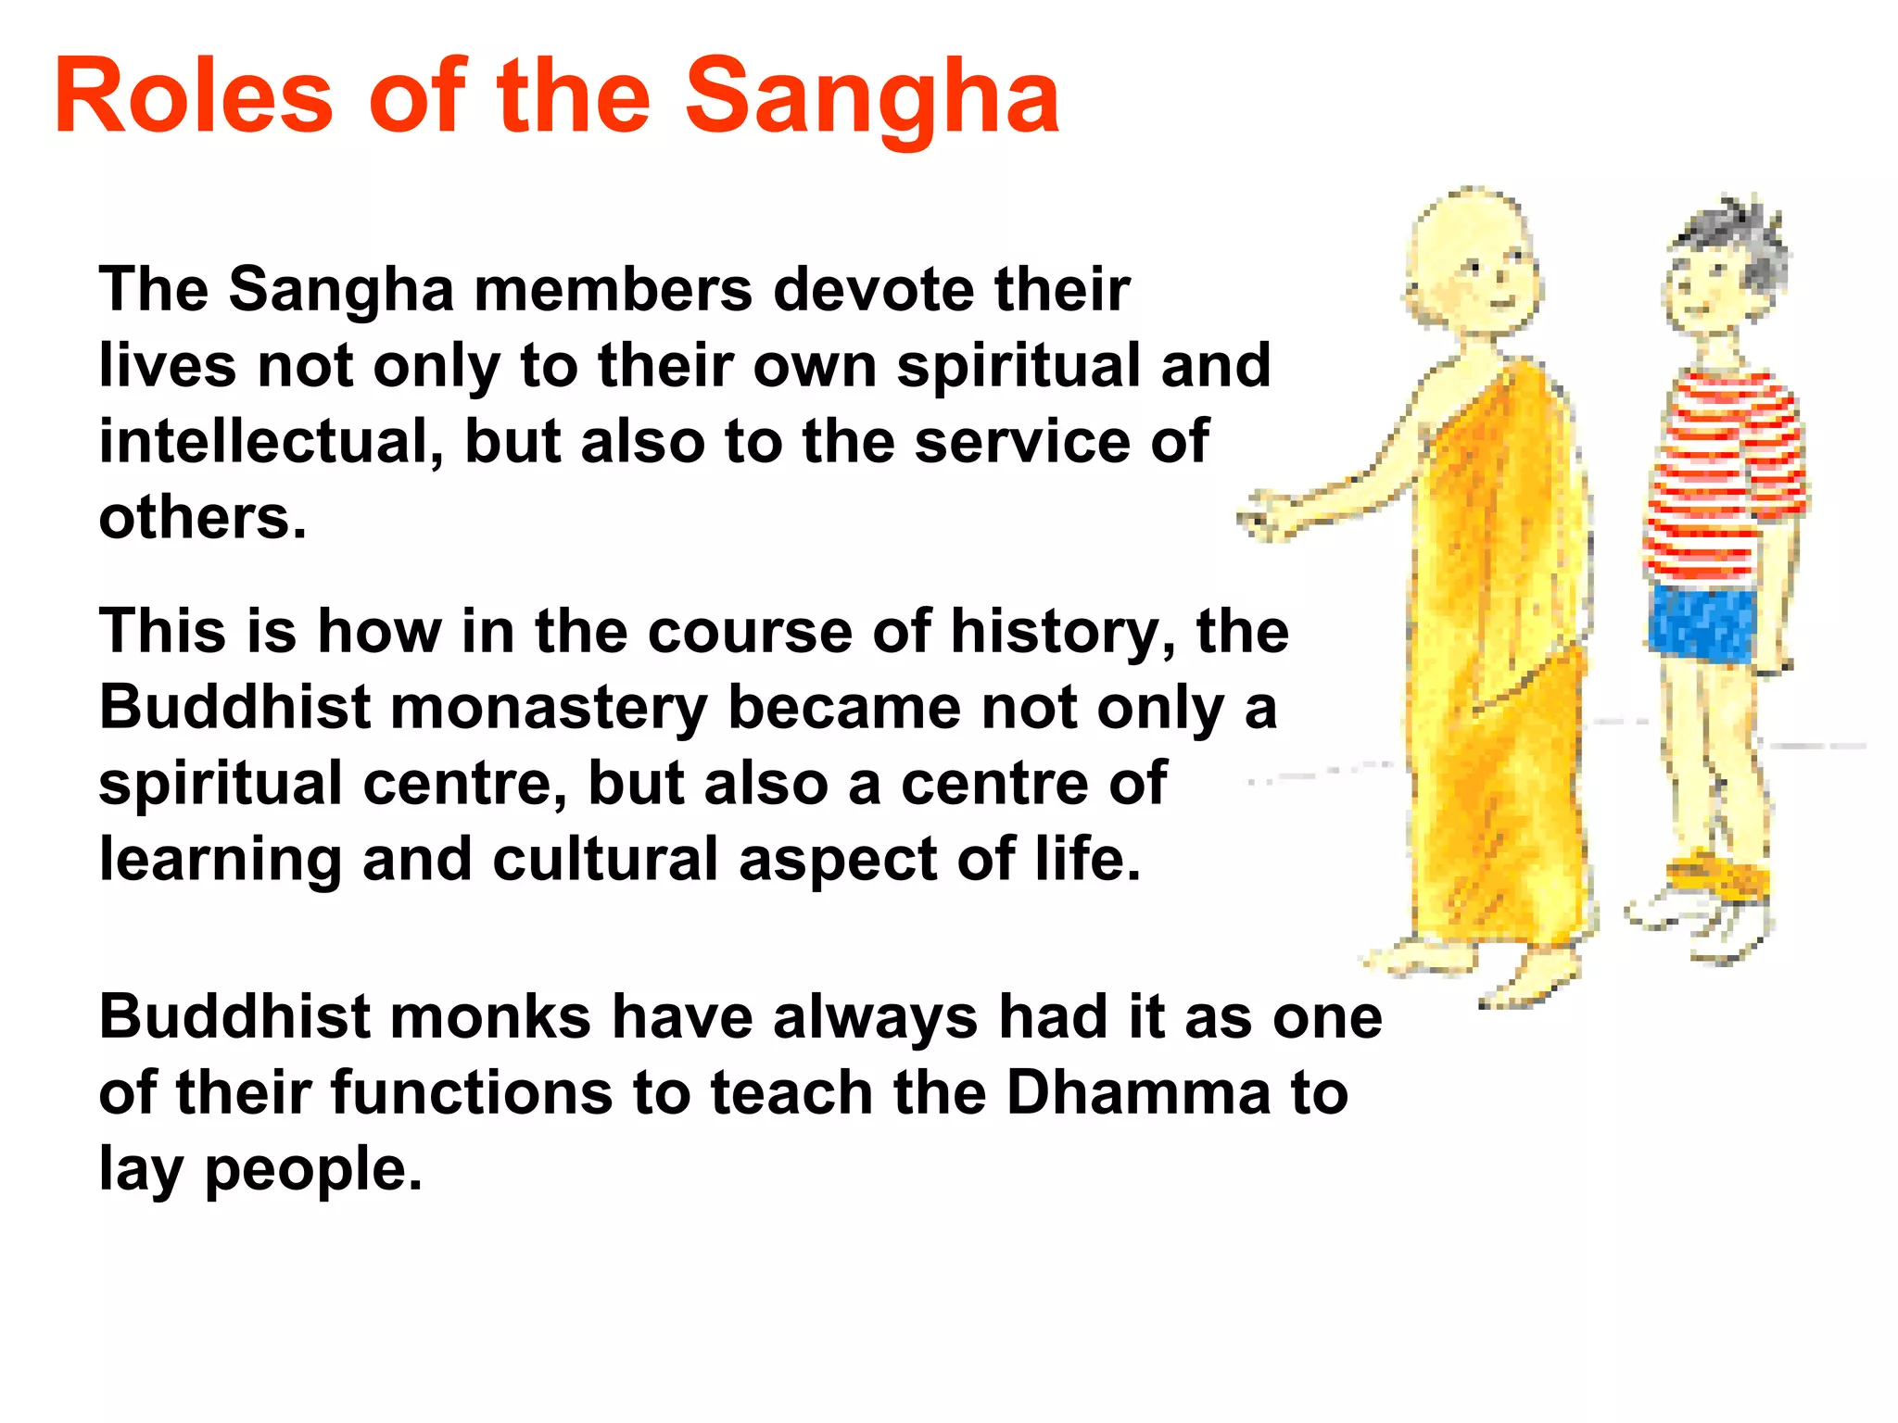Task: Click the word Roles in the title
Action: pos(193,97)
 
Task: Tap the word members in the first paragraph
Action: pos(613,290)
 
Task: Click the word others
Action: pos(202,518)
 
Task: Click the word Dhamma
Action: pos(1138,1093)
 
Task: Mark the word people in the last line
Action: pos(313,1170)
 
